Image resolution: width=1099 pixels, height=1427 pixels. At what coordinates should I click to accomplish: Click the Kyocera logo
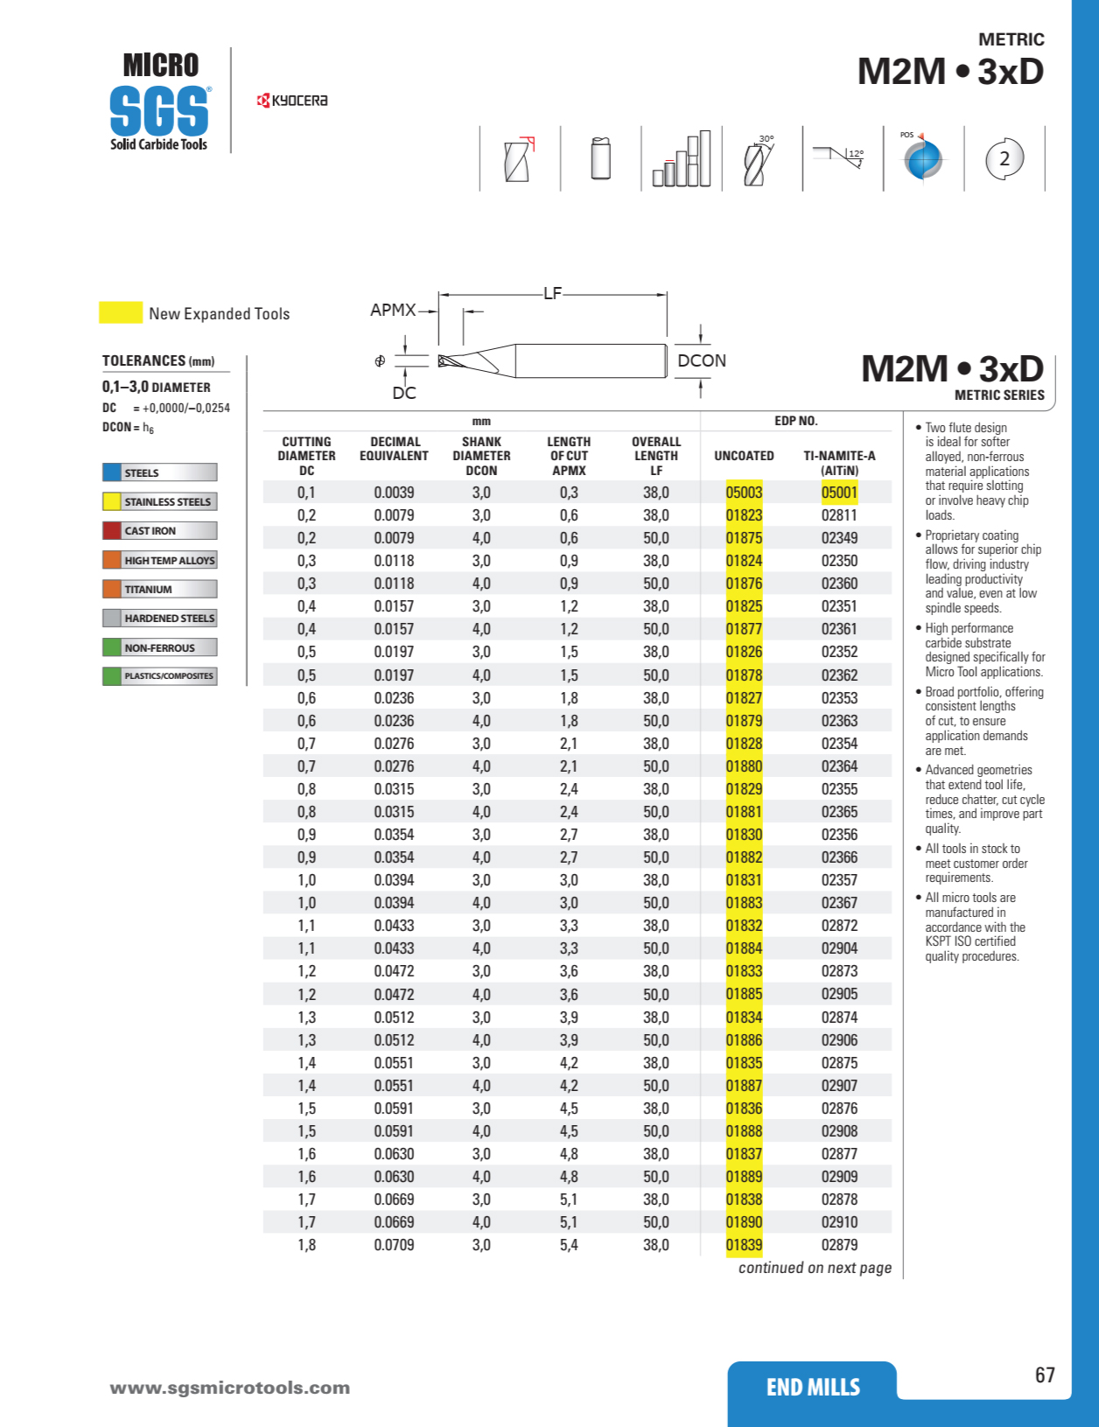pos(292,101)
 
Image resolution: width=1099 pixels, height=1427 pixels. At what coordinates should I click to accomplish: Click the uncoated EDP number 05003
pos(744,493)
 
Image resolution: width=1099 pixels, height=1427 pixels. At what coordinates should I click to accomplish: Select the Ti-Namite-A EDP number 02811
pos(839,515)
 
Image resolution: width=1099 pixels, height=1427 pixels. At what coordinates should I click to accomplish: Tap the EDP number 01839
pos(744,1245)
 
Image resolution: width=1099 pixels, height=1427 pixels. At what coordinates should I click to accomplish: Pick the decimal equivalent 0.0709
pos(394,1245)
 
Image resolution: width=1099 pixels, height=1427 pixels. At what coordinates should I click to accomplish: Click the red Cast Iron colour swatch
pos(112,531)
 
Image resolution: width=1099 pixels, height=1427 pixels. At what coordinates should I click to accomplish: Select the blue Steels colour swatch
pos(112,472)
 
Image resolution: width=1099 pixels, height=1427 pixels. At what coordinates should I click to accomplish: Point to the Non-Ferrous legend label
pos(159,648)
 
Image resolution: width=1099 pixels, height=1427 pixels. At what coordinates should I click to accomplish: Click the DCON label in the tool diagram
pos(702,360)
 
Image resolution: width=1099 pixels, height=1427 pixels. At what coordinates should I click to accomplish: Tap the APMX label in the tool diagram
pos(393,310)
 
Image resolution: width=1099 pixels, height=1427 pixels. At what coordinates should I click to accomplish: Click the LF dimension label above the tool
pos(552,293)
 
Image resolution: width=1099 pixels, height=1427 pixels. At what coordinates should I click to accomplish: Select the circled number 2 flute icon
pos(1004,158)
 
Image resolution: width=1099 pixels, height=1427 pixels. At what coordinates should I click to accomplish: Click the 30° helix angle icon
pos(757,160)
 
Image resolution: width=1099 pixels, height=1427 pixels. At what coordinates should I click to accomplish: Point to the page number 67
pos(1045,1375)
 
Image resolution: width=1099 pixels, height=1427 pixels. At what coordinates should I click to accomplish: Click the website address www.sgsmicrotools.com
pos(230,1388)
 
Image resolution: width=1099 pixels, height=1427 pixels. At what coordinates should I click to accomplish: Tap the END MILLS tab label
pos(813,1388)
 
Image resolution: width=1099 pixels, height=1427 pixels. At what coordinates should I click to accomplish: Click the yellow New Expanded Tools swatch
pos(121,313)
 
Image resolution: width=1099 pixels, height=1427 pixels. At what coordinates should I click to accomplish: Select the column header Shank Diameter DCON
pos(481,456)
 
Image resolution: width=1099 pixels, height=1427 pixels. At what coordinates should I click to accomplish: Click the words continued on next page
pos(815,1268)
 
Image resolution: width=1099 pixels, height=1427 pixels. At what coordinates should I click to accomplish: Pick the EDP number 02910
pos(839,1222)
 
